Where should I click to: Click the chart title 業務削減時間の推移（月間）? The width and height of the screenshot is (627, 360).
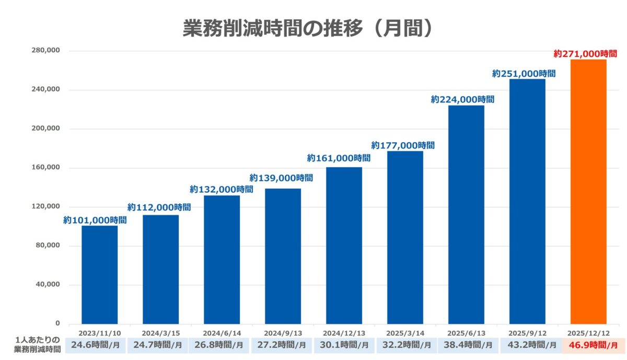[308, 29]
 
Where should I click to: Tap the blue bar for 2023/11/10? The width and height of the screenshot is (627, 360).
[100, 275]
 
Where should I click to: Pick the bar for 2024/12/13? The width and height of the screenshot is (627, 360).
[344, 246]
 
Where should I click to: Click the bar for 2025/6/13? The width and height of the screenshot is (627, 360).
[466, 215]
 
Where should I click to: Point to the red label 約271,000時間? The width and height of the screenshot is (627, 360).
[585, 54]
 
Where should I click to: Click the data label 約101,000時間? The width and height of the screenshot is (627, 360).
[95, 220]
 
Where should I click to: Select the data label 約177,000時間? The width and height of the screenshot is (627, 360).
[403, 145]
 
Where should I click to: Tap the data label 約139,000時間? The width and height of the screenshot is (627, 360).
[281, 178]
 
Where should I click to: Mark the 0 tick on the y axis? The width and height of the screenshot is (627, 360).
[58, 324]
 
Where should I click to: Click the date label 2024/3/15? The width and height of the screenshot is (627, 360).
[160, 333]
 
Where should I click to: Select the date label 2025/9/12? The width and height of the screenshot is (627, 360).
[527, 333]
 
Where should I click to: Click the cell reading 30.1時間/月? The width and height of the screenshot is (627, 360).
[344, 345]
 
